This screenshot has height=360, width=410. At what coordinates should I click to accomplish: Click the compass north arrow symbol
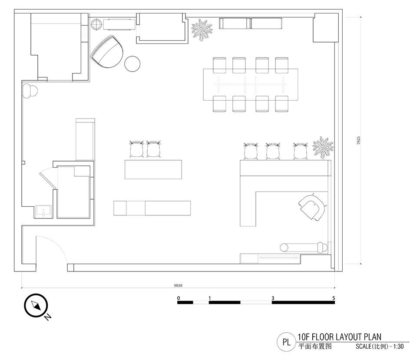coord(36,305)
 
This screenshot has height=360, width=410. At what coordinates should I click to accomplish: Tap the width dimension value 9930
coord(178,285)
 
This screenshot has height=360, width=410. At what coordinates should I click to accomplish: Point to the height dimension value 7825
coord(358,140)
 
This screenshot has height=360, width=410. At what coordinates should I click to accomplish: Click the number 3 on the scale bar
coord(273,298)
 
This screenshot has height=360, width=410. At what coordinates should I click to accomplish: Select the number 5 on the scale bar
coord(334,298)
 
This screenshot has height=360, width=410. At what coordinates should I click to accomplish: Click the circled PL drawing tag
coord(287,342)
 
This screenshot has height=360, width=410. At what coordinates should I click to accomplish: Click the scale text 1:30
coord(398,347)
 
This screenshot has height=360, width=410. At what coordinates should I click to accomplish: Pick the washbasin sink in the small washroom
coord(43,211)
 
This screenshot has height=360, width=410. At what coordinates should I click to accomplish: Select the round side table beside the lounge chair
coord(132,63)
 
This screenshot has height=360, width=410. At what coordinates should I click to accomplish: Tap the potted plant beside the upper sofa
coord(202,30)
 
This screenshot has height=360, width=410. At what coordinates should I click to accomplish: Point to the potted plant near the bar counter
coord(323,148)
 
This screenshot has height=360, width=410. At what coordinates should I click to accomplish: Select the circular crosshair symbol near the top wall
coord(97,24)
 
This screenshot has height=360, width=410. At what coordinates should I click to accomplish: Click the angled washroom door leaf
coord(48,180)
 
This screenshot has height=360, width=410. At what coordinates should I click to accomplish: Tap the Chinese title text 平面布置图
coord(315,347)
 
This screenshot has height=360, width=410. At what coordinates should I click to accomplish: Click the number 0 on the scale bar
coord(179,298)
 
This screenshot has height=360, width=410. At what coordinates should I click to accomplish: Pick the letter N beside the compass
coord(47,317)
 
